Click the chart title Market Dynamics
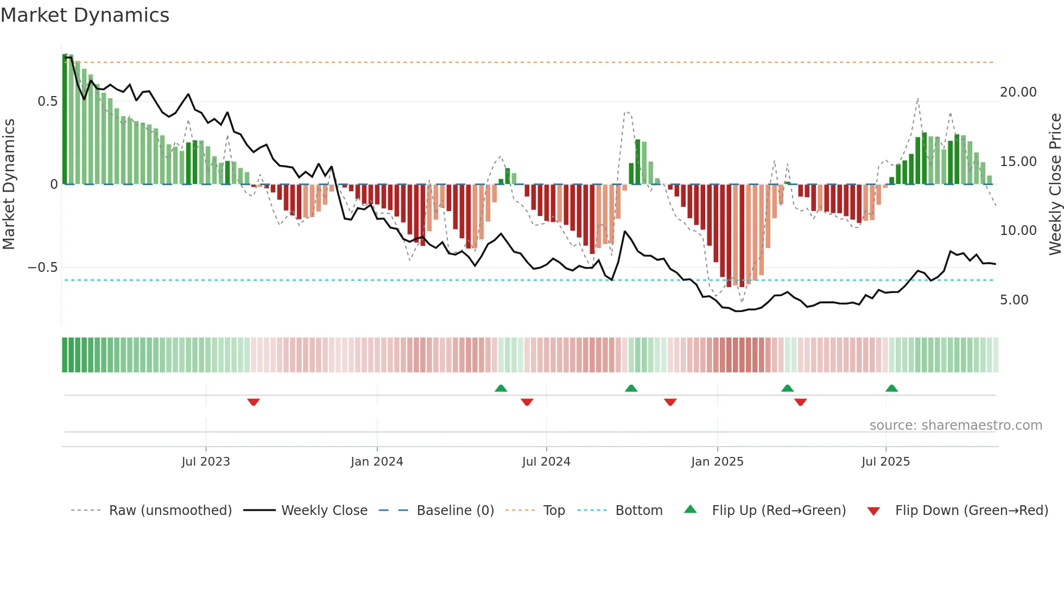click(85, 15)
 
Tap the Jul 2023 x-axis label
click(206, 462)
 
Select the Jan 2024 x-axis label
click(377, 462)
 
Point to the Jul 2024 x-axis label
click(546, 462)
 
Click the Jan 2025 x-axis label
click(717, 462)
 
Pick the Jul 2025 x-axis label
click(885, 462)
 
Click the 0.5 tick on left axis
click(48, 101)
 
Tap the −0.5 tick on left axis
click(43, 268)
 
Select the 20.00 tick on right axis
click(1018, 92)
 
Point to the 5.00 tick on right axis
click(1014, 300)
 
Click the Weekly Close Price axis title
click(1055, 185)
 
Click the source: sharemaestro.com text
click(955, 425)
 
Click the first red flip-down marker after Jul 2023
click(254, 402)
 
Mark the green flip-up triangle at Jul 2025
click(891, 388)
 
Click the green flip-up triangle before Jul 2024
click(501, 388)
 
